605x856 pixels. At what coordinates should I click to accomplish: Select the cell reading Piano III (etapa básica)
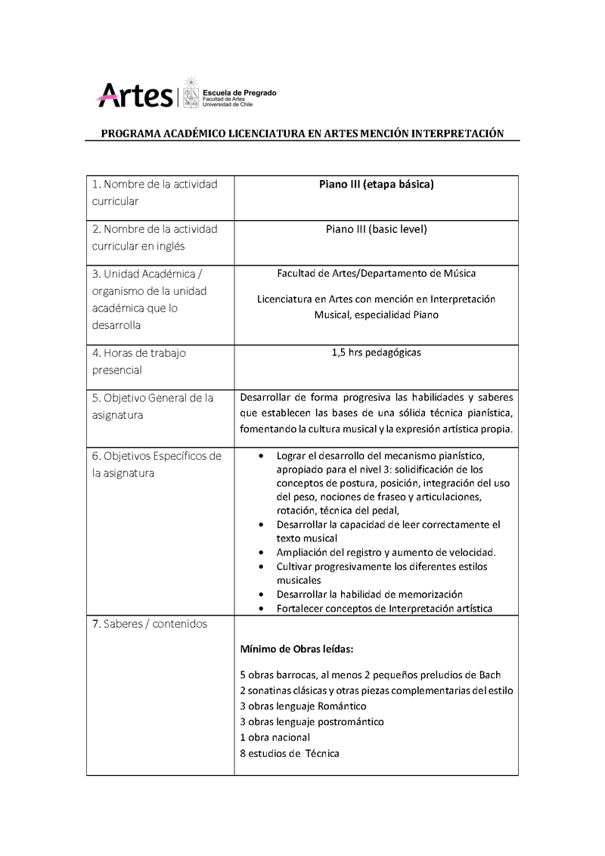pos(375,185)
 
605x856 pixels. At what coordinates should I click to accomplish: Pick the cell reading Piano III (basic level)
pos(375,229)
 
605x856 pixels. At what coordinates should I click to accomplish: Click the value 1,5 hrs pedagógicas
pos(375,352)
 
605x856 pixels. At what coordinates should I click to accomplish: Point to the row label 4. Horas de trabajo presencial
pos(139,361)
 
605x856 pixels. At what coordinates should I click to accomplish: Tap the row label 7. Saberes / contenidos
pos(150,624)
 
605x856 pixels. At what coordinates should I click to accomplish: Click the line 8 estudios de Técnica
pos(290,753)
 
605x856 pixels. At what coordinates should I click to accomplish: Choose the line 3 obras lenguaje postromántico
pos(312,721)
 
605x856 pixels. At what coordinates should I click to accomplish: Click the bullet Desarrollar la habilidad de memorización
pos(370,594)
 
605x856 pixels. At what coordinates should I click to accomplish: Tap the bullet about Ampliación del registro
pos(386,552)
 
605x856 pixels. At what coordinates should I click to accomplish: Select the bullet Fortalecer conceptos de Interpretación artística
pos(385,608)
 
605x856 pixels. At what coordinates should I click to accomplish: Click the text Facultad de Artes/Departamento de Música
pos(376,273)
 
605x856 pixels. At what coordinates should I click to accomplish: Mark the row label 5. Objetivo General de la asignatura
pos(153,407)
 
